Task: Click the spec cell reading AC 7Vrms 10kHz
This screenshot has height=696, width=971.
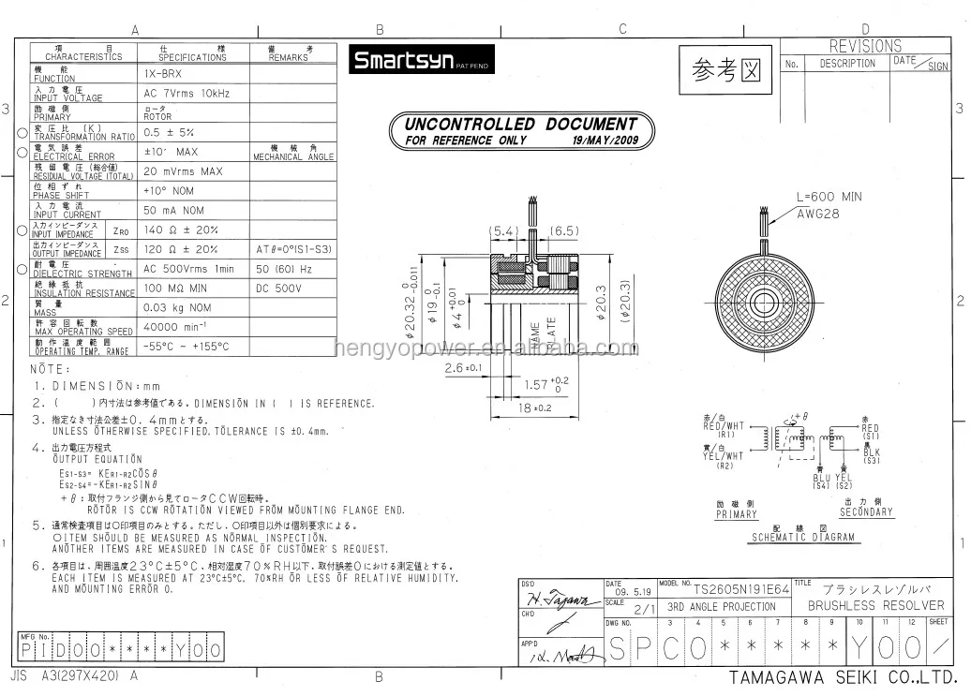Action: click(x=187, y=94)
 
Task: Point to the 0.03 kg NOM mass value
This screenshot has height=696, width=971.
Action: click(x=177, y=307)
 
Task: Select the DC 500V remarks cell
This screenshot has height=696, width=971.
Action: click(x=278, y=288)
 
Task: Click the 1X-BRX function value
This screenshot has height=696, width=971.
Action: click(x=163, y=73)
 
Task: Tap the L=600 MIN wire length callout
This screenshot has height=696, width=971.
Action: click(x=829, y=198)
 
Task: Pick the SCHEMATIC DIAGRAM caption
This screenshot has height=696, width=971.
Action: click(x=802, y=538)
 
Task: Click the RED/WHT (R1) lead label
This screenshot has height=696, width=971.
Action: click(x=723, y=426)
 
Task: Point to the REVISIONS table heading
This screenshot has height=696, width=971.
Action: click(x=865, y=46)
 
